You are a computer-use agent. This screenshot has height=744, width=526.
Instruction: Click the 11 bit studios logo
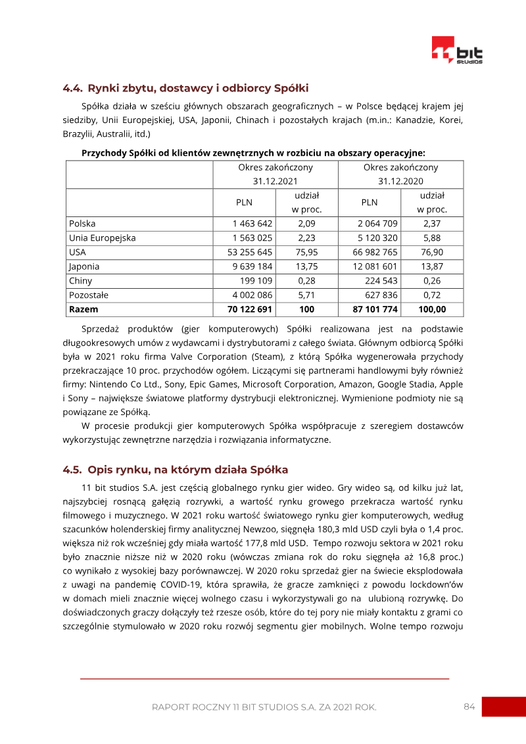pos(456,51)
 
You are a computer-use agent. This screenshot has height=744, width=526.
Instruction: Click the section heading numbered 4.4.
pos(185,88)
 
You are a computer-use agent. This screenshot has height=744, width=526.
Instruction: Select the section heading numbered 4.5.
pos(175,470)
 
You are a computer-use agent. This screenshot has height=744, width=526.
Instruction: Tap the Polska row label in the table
pos(82,224)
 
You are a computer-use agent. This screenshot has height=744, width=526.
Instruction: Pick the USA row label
pos(77,252)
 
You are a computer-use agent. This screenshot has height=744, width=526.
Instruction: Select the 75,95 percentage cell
pos(306,252)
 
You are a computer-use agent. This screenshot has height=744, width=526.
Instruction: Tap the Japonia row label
pos(84,266)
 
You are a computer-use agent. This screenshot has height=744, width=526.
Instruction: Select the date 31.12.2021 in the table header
pos(275,181)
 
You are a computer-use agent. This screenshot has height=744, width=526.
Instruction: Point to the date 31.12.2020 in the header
pos(400,181)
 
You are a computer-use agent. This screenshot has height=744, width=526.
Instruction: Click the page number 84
pos(469,707)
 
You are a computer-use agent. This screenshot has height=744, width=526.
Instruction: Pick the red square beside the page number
pos(504,707)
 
